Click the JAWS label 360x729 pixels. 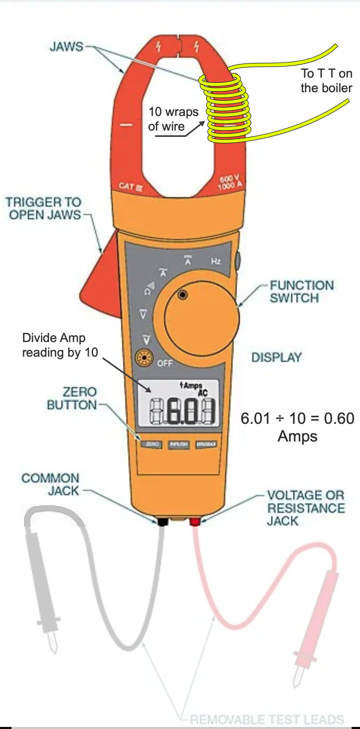(66, 47)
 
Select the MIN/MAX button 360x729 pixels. (206, 444)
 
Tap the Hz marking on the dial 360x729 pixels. (216, 261)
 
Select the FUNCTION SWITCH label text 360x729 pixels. (301, 292)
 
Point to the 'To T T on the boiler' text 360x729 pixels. (326, 80)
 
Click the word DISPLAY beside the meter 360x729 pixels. (277, 358)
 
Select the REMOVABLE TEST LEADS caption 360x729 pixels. (266, 719)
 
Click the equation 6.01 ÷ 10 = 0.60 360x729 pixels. (297, 419)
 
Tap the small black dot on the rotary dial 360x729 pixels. (182, 295)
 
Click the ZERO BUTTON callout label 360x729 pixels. (72, 398)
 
